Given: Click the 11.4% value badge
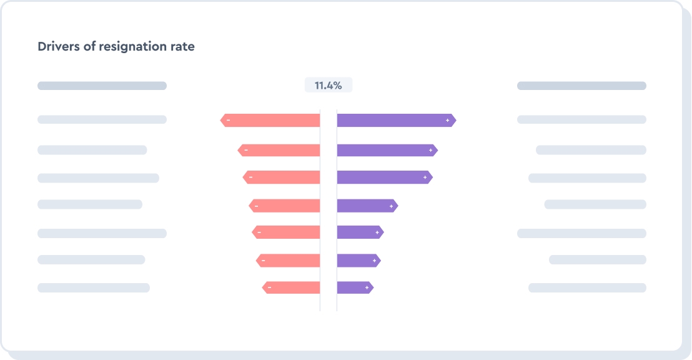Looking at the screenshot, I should [329, 86].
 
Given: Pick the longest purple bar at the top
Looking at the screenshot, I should [396, 120].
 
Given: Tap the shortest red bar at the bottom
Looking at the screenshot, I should [292, 287].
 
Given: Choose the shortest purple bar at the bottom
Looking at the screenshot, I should [354, 287].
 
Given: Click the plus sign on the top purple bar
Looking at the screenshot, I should [448, 120].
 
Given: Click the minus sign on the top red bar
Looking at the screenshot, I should [228, 120].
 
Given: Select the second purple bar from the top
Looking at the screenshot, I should [387, 150].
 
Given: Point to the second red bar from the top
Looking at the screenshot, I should [279, 150].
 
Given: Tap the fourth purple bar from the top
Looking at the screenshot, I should [367, 206].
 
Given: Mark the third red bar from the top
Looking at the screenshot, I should [282, 177].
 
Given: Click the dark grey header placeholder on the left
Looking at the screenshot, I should [102, 86].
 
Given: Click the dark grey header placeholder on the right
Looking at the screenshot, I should [581, 86].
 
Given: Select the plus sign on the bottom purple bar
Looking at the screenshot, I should [367, 287].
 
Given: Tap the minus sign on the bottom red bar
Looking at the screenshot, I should [269, 287].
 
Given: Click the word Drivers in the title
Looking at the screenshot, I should [58, 47].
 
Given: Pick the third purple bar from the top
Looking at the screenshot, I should [384, 177].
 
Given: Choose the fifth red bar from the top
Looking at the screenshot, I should [286, 232].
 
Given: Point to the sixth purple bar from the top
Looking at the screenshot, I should [358, 260].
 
